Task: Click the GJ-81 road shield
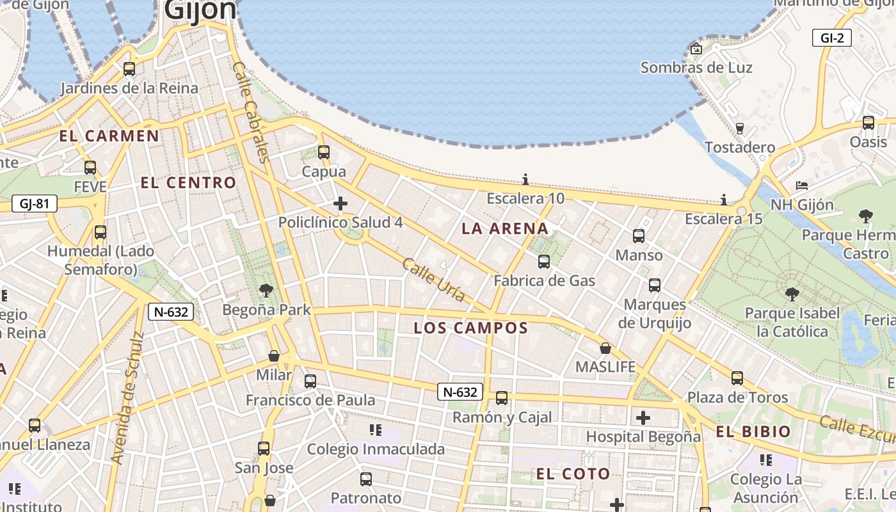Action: [x=35, y=204]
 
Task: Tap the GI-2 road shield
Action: [x=831, y=38]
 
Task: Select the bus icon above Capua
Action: [x=324, y=152]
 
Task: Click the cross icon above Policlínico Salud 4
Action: [x=340, y=204]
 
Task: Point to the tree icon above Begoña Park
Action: [x=266, y=291]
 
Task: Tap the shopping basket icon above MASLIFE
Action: [x=605, y=349]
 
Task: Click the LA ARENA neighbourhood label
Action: [x=505, y=228]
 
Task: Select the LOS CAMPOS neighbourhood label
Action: [x=470, y=328]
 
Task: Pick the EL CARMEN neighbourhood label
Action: [x=109, y=136]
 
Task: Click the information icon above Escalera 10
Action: [x=526, y=179]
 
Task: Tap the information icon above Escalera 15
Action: [x=724, y=200]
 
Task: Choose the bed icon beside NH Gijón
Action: [x=802, y=186]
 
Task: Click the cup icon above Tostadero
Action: [x=740, y=128]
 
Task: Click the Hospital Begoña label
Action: [x=643, y=437]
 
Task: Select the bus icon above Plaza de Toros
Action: [x=737, y=378]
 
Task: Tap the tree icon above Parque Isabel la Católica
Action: [x=792, y=294]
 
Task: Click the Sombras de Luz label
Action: [x=696, y=67]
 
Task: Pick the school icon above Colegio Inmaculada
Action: [x=376, y=430]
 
